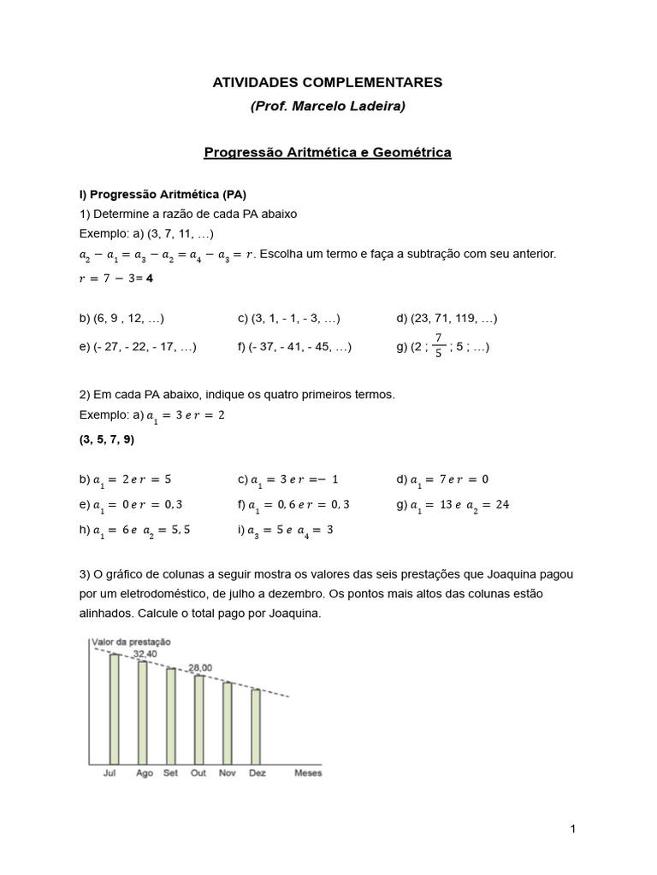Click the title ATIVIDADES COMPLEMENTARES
pyautogui.click(x=328, y=83)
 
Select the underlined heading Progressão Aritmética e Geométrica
pyautogui.click(x=328, y=153)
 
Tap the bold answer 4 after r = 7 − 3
pyautogui.click(x=151, y=279)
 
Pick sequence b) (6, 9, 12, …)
pyautogui.click(x=121, y=318)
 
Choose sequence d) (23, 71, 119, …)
pyautogui.click(x=446, y=318)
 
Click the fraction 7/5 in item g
pyautogui.click(x=438, y=346)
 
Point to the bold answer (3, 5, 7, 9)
pyautogui.click(x=107, y=440)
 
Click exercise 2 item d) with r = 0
pyautogui.click(x=442, y=479)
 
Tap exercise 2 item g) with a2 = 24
pyautogui.click(x=453, y=504)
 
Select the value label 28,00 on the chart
pyautogui.click(x=199, y=668)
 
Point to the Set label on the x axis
pyautogui.click(x=171, y=773)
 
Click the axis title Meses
pyautogui.click(x=308, y=773)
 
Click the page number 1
pyautogui.click(x=572, y=829)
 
